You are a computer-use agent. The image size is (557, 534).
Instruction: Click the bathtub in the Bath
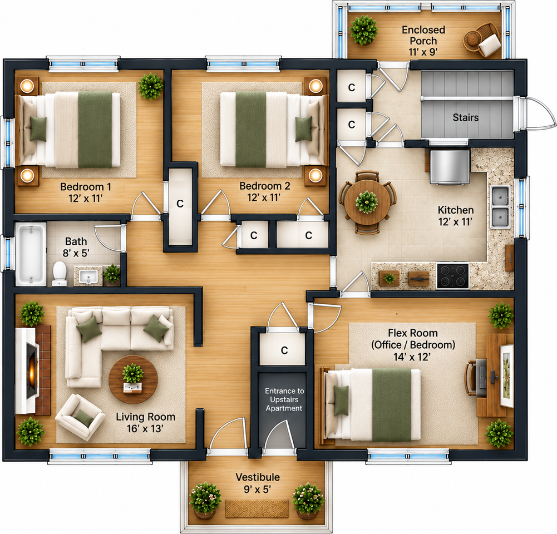click(x=31, y=254)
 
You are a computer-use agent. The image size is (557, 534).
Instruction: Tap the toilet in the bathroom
click(x=60, y=274)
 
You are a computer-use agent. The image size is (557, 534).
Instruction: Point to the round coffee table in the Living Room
click(x=133, y=379)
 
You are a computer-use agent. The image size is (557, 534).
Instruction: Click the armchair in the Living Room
click(x=80, y=417)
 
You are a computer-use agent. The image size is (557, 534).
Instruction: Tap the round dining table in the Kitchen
click(x=367, y=202)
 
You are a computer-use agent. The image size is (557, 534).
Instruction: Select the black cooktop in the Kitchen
click(x=452, y=275)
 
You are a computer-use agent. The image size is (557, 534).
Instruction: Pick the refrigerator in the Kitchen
click(x=450, y=167)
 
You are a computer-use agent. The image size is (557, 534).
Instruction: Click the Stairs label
click(x=465, y=117)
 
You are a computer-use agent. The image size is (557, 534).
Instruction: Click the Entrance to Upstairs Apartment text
click(x=284, y=399)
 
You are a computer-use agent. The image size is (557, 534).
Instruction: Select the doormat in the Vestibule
click(x=257, y=509)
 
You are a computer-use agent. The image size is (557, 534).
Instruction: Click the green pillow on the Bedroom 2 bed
click(x=303, y=128)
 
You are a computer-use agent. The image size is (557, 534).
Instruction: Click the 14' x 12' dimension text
click(x=412, y=357)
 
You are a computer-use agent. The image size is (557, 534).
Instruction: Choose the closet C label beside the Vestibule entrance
click(x=284, y=350)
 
